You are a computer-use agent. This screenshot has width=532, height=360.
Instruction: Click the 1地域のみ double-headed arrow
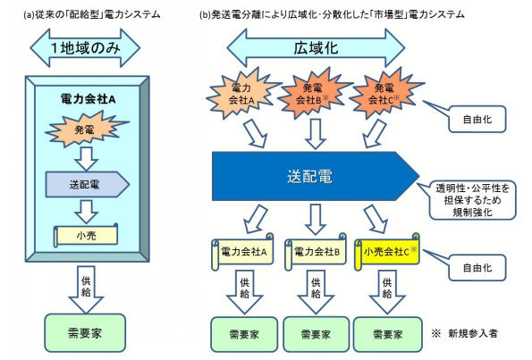pos(85,48)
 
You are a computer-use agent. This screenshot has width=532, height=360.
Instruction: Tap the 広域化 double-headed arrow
pos(316,48)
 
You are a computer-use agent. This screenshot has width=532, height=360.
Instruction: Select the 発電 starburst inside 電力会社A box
pos(87,130)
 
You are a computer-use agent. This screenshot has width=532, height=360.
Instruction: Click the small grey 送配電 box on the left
pos(88,184)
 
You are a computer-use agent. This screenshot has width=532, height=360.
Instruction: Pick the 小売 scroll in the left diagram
pos(86,235)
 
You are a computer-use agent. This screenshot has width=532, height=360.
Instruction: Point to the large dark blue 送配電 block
pos(316,176)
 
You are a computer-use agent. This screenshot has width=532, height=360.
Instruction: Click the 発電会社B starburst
pos(313,93)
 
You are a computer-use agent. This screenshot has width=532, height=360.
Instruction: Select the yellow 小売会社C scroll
pos(387,252)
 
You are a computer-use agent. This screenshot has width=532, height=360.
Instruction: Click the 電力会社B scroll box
pos(316,252)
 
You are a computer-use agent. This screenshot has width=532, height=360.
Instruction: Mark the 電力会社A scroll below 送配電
pos(243,252)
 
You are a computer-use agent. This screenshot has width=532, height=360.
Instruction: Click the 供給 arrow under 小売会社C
pos(387,292)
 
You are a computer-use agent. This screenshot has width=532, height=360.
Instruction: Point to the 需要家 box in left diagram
pos(85,333)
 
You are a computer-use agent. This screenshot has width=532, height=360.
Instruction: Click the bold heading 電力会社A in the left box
pos(88,99)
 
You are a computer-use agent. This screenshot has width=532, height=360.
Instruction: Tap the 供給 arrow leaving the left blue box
pos(86,289)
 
